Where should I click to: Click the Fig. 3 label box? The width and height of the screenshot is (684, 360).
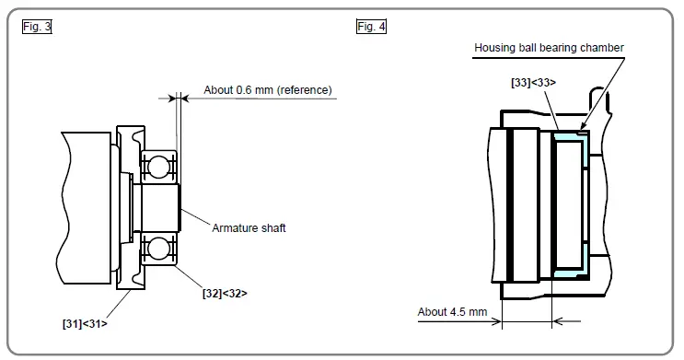37,27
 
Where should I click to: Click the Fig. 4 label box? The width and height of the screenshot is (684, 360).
371,27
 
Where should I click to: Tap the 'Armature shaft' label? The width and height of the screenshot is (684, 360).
249,227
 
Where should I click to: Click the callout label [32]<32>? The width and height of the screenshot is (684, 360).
225,293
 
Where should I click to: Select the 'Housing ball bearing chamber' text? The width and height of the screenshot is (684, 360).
550,48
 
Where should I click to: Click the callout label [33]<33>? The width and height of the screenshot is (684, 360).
533,82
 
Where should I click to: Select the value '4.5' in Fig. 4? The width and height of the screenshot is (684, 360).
457,311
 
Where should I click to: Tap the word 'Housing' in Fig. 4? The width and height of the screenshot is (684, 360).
495,48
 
